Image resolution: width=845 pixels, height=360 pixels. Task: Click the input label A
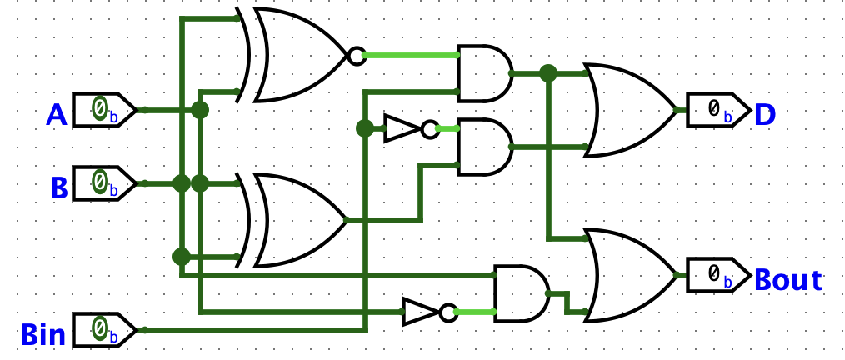(x=57, y=115)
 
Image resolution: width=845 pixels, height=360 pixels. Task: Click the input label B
(x=59, y=187)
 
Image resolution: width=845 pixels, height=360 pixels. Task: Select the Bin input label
(x=43, y=335)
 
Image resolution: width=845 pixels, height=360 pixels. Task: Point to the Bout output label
(x=787, y=279)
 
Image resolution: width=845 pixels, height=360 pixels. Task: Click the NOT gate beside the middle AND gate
(x=403, y=128)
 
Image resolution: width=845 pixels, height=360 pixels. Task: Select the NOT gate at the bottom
(x=422, y=312)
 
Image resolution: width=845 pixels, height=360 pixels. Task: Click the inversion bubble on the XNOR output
(x=356, y=56)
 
